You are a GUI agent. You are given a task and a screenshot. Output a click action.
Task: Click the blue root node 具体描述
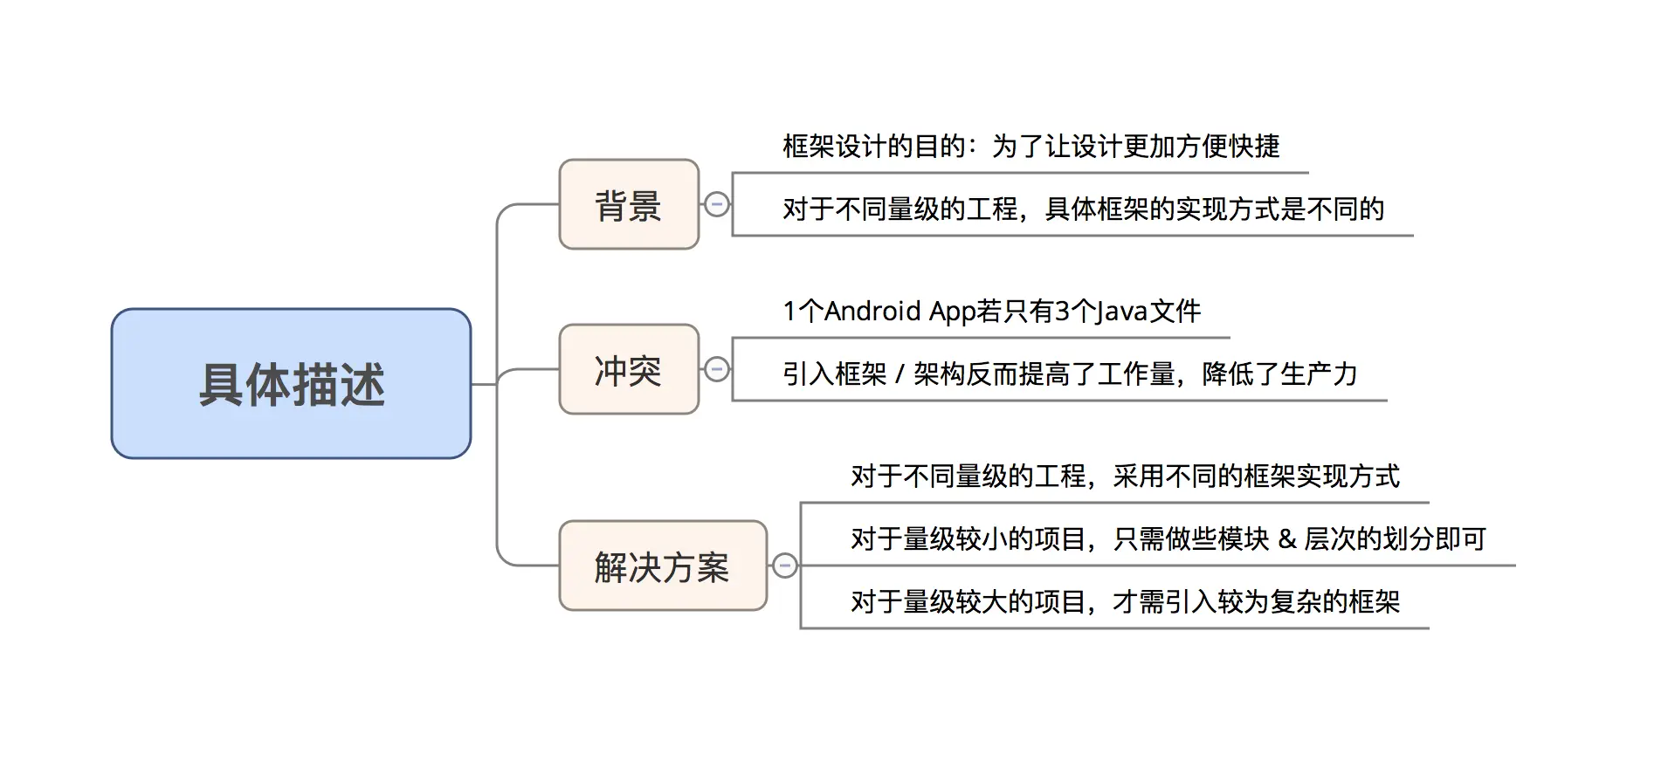pos(291,383)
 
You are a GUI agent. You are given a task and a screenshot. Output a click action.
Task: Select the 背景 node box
pos(629,205)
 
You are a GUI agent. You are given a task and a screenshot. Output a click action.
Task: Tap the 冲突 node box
pos(629,370)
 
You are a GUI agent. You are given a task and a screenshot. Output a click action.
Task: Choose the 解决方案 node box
pos(662,566)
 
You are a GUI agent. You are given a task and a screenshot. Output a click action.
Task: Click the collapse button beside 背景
pos(717,205)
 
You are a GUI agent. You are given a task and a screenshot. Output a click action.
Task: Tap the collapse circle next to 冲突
pos(717,370)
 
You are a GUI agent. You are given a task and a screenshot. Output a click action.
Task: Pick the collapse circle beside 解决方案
pos(785,566)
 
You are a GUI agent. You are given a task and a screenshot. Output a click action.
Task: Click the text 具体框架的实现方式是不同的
pos(1215,209)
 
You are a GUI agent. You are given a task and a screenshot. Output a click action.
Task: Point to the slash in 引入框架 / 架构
pos(900,375)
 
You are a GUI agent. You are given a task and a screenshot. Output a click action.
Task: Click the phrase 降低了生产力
pos(1279,374)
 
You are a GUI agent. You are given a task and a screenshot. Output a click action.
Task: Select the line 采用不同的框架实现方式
pos(1256,477)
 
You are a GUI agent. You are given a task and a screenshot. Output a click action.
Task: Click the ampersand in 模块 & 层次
pos(1286,539)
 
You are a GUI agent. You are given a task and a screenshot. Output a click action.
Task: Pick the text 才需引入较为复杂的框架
pos(1256,602)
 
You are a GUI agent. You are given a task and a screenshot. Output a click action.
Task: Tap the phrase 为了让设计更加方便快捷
pos(1135,147)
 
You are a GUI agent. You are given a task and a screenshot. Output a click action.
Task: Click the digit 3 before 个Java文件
pos(1063,312)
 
